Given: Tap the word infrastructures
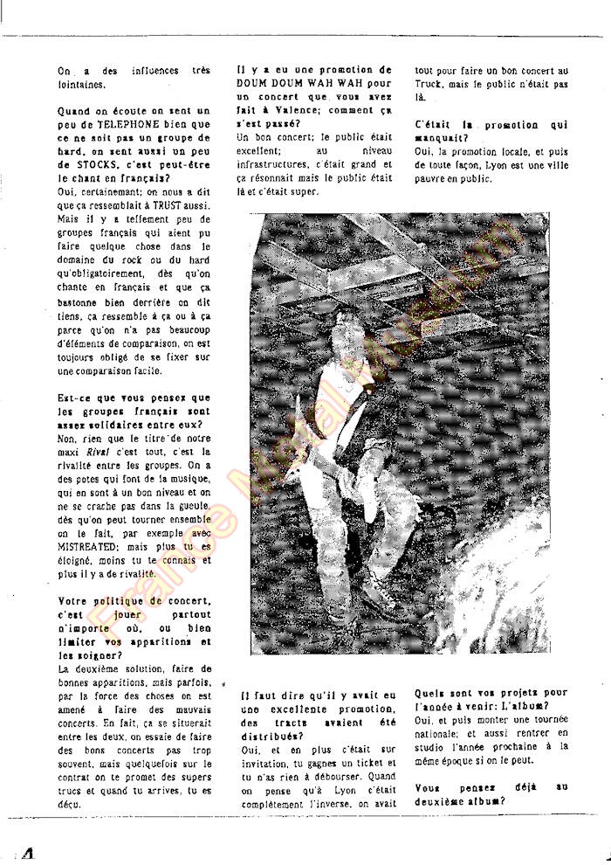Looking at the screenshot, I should (x=278, y=165).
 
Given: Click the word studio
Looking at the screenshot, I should (x=434, y=746).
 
